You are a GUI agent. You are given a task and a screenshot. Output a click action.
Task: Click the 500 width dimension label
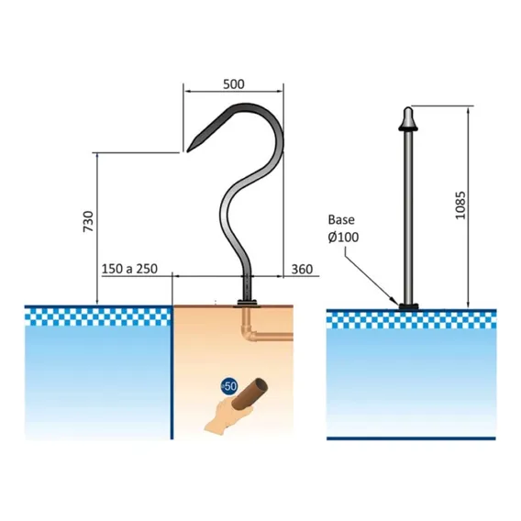point(234,84)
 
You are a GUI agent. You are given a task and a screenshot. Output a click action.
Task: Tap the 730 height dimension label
point(88,221)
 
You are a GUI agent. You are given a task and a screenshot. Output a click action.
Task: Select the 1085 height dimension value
point(460,205)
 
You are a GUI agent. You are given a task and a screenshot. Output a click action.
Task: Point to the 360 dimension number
point(302,269)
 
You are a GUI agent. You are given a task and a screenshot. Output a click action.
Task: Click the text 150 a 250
point(129,269)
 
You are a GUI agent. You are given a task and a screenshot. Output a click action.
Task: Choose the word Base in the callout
point(341,219)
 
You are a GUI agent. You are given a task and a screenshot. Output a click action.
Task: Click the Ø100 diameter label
point(343,238)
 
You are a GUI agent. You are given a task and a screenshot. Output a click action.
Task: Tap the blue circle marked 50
point(229,386)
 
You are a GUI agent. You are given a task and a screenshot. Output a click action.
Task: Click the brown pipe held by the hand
point(249,394)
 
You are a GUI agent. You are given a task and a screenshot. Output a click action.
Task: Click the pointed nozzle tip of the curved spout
point(188,150)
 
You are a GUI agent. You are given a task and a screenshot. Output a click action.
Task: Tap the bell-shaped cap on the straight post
point(408,118)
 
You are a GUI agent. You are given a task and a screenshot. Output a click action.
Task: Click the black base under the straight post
point(408,306)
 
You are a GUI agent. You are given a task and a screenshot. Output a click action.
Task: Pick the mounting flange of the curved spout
point(247,303)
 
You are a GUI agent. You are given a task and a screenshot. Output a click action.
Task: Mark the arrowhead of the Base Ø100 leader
point(397,303)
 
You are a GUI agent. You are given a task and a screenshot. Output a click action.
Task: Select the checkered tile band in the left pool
point(98,317)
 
